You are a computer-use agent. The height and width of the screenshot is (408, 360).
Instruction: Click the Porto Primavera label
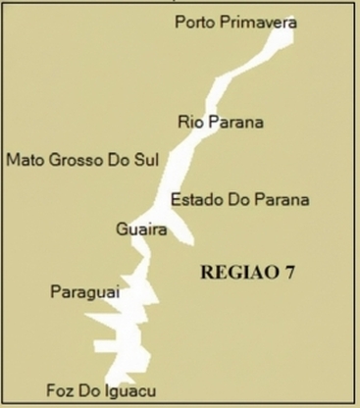pyautogui.click(x=235, y=22)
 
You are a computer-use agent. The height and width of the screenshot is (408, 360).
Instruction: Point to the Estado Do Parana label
pyautogui.click(x=240, y=199)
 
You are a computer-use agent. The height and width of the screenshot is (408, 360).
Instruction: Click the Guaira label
pyautogui.click(x=141, y=229)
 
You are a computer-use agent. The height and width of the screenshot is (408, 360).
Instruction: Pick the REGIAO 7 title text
pyautogui.click(x=247, y=272)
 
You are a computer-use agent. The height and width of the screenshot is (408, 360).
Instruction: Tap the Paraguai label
pyautogui.click(x=83, y=291)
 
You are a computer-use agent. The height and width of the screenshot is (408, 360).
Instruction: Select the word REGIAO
pyautogui.click(x=238, y=272)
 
